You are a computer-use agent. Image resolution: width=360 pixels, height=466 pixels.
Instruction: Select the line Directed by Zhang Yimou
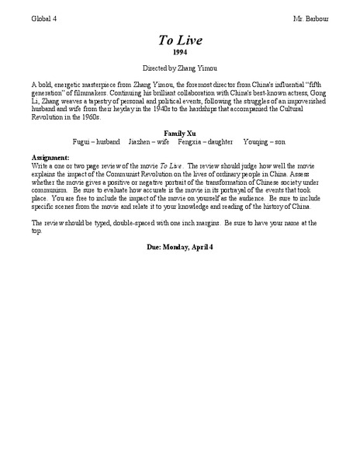click(179, 68)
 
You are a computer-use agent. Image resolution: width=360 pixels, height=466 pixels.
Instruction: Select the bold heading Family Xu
click(179, 134)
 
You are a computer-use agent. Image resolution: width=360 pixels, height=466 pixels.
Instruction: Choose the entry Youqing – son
click(265, 142)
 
